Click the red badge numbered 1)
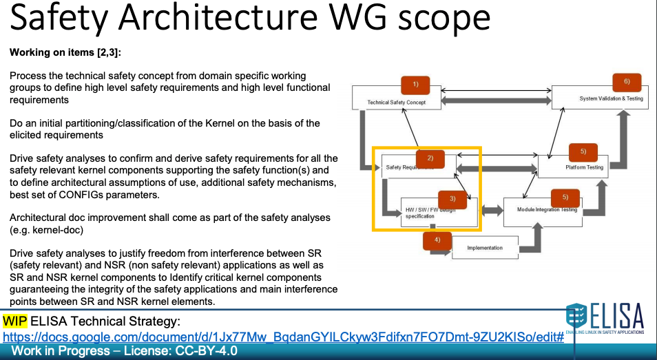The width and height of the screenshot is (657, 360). pyautogui.click(x=415, y=85)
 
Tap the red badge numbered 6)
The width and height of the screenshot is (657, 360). pyautogui.click(x=627, y=82)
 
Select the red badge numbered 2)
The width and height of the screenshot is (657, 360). pyautogui.click(x=430, y=158)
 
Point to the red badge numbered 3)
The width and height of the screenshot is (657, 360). pyautogui.click(x=452, y=199)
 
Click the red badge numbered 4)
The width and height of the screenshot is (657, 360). pyautogui.click(x=437, y=240)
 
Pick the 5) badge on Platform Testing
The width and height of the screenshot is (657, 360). pyautogui.click(x=583, y=151)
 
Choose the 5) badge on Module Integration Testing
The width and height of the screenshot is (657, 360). pyautogui.click(x=565, y=197)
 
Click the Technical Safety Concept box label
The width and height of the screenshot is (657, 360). pyautogui.click(x=396, y=103)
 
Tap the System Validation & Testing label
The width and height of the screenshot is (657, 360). pyautogui.click(x=611, y=98)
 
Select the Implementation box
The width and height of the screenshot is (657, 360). pyautogui.click(x=484, y=248)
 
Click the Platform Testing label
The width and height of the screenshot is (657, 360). pyautogui.click(x=584, y=167)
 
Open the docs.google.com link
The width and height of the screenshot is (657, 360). pyautogui.click(x=283, y=337)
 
